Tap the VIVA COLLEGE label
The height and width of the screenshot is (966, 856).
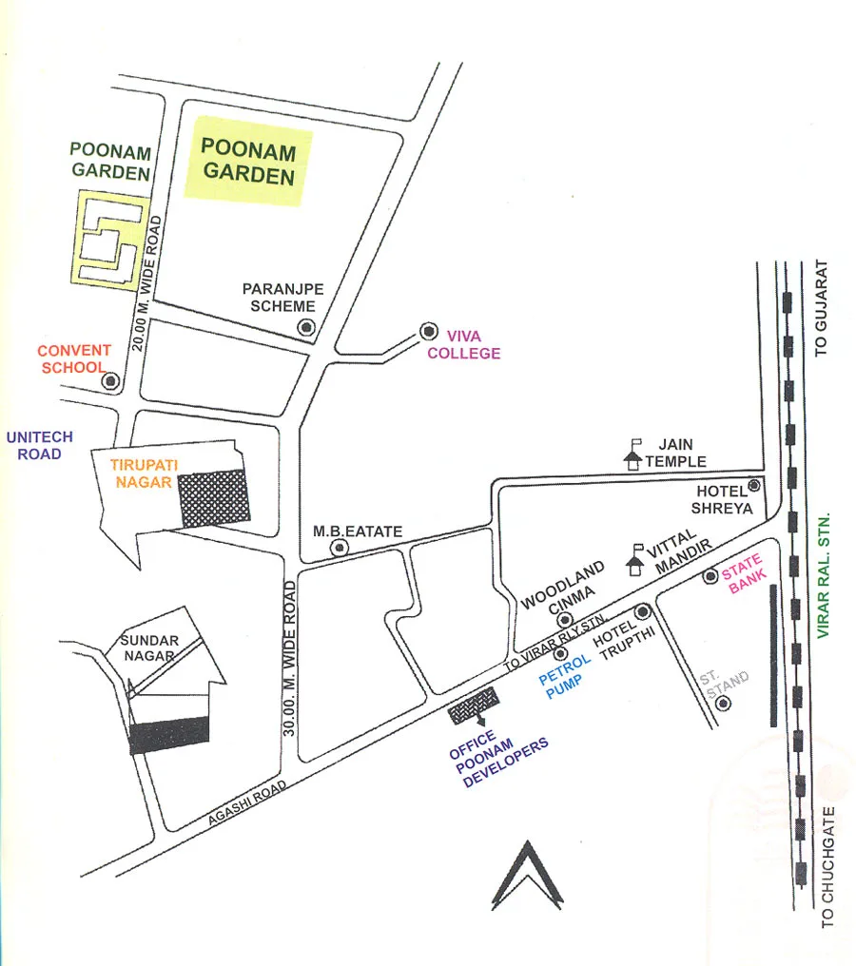(x=464, y=344)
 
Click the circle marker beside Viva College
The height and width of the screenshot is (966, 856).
(x=428, y=332)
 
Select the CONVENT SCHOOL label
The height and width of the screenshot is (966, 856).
(x=74, y=358)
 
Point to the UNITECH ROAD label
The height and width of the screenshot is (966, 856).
(x=39, y=446)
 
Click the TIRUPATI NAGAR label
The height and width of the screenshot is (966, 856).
(x=141, y=473)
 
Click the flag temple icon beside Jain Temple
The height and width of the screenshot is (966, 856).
(x=632, y=454)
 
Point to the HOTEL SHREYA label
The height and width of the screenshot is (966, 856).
(x=724, y=500)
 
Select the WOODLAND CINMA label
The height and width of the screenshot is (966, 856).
(x=563, y=587)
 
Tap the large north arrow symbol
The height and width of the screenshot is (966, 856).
(x=527, y=877)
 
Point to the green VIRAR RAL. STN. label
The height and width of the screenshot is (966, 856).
(x=825, y=575)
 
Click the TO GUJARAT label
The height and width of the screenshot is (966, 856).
(x=824, y=309)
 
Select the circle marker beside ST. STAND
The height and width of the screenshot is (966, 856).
(x=724, y=704)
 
